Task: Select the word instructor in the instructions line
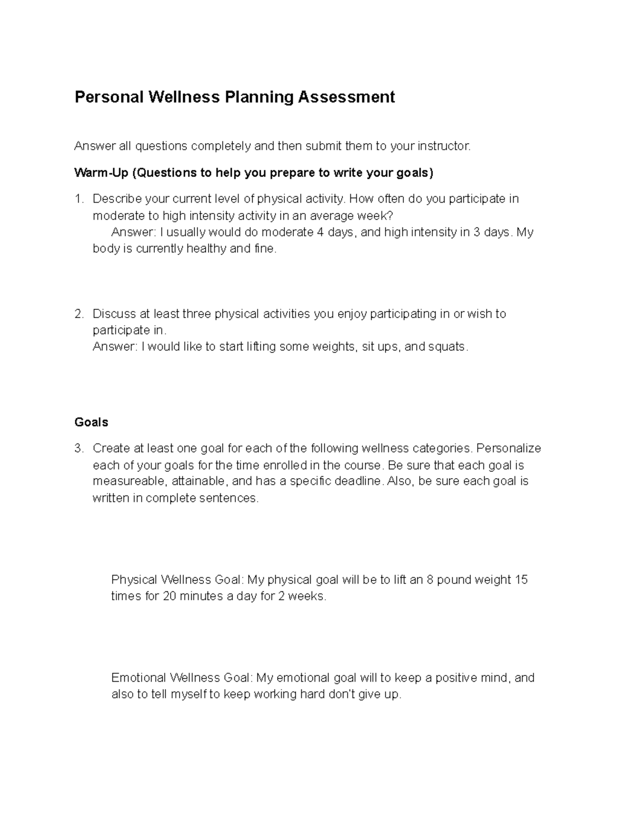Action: tap(443, 146)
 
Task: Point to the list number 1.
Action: tap(78, 199)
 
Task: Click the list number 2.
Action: tap(78, 314)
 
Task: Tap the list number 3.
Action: tap(78, 449)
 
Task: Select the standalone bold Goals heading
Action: tap(91, 422)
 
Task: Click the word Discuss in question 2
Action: tap(114, 314)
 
